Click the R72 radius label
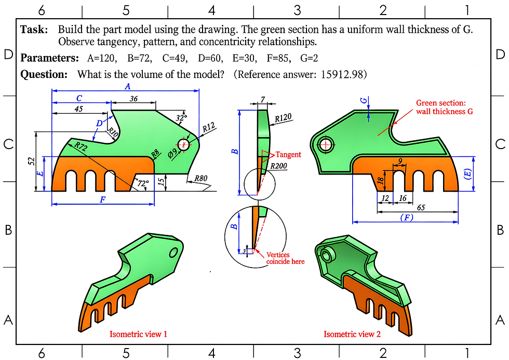[81, 146]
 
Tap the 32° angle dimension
[182, 117]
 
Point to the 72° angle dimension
[143, 183]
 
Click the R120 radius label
[283, 117]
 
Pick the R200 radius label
[279, 166]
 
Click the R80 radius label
[201, 178]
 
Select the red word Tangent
[288, 154]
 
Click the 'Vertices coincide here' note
[285, 258]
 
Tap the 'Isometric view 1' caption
[138, 334]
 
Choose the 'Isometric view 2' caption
[352, 334]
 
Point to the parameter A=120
[101, 58]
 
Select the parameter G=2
[309, 58]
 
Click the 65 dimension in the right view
[421, 207]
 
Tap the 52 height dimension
[32, 162]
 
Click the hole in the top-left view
[183, 144]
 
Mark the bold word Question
[44, 74]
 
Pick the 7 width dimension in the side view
[263, 99]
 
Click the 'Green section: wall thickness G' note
[445, 107]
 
